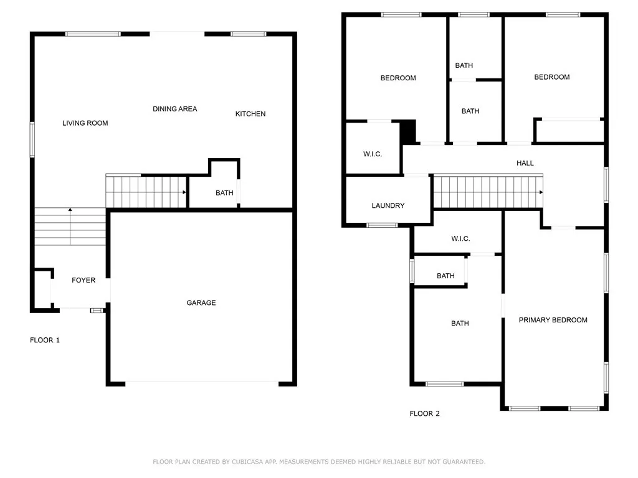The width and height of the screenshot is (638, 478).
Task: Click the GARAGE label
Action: [201, 303]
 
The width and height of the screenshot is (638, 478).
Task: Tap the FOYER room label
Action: [83, 281]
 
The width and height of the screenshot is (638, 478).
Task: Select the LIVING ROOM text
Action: [85, 123]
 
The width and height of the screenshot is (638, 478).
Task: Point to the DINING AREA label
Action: [175, 109]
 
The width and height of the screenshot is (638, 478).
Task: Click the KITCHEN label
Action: [250, 114]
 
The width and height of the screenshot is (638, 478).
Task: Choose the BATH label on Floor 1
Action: [224, 193]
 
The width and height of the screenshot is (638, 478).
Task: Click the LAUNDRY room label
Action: [388, 206]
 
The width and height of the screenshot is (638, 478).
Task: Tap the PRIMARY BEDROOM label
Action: [553, 320]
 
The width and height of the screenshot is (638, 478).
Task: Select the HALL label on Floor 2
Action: [525, 163]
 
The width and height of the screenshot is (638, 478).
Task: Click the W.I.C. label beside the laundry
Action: [373, 154]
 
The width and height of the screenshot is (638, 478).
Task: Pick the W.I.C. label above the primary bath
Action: [460, 239]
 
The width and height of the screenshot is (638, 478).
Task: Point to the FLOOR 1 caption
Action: [45, 340]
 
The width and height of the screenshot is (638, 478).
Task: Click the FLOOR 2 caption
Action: [424, 414]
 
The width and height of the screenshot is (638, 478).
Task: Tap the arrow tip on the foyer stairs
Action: [70, 210]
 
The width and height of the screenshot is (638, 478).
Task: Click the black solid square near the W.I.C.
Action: [407, 131]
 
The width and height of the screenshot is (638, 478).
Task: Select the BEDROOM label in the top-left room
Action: [398, 78]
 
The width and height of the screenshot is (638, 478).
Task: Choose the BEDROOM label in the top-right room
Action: [552, 77]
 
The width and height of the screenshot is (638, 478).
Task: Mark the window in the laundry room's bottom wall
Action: [382, 225]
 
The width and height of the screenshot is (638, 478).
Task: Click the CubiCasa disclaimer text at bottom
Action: [319, 462]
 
